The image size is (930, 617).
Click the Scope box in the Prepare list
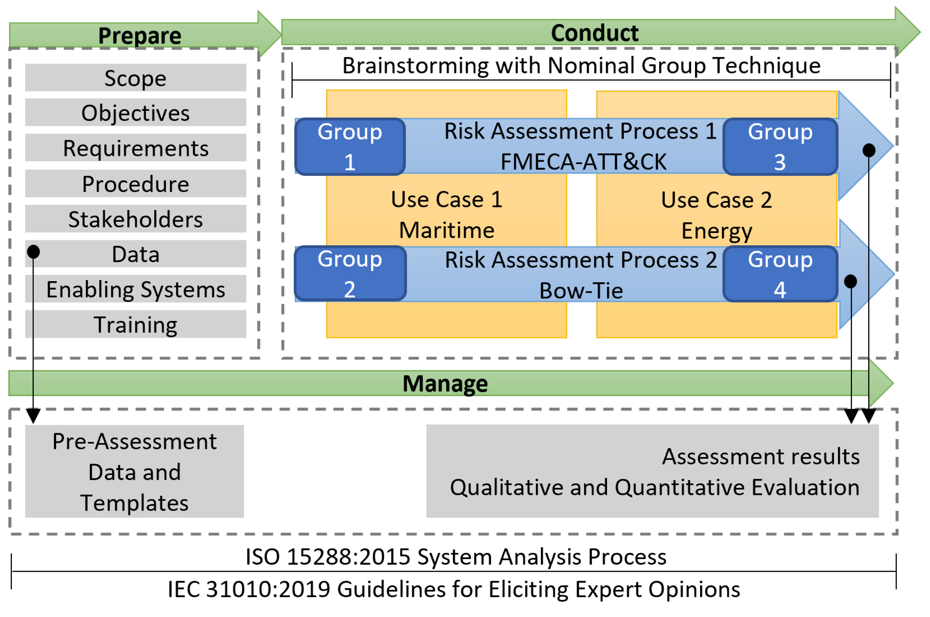[x=136, y=78]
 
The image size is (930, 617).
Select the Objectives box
[x=136, y=113]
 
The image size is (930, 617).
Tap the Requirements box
[x=136, y=148]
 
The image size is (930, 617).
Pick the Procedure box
[x=136, y=183]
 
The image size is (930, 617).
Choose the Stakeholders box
[x=136, y=219]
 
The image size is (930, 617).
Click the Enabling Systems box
[x=136, y=289]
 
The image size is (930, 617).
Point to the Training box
[x=136, y=324]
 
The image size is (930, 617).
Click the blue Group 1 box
[x=350, y=146]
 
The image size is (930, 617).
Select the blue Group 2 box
[x=350, y=274]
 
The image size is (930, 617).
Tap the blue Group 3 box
[x=780, y=146]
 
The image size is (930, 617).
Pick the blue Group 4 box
[x=780, y=274]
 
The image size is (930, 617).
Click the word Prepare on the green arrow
[x=140, y=36]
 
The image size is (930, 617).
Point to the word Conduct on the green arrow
[x=595, y=33]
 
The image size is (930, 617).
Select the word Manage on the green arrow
[x=445, y=384]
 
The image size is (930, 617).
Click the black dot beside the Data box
[x=33, y=252]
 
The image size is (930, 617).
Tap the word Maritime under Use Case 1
[x=447, y=230]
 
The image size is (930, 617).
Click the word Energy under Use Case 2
[x=717, y=231]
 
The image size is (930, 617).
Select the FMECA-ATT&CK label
[x=583, y=162]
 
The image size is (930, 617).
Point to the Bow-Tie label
[x=581, y=291]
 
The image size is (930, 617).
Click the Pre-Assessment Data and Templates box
[x=134, y=471]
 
